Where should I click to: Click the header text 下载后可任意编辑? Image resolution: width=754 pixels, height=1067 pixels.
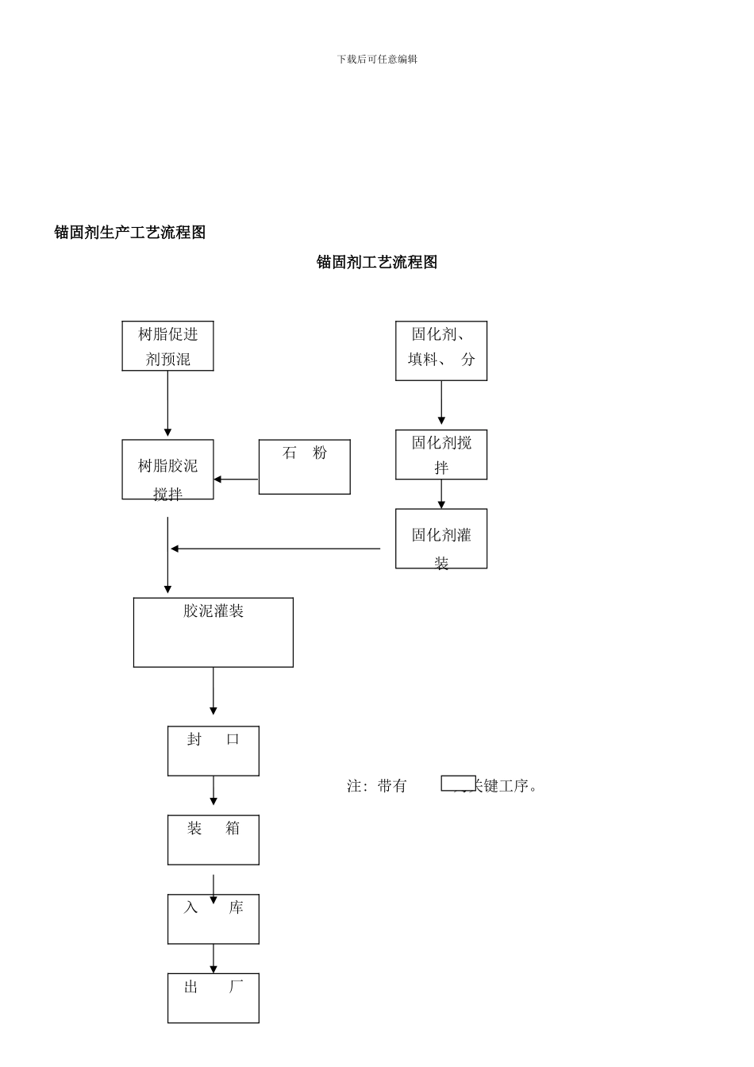tap(377, 60)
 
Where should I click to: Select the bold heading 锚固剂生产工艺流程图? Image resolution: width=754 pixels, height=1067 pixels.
tap(130, 233)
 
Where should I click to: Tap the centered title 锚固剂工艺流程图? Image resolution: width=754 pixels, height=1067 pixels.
tap(377, 263)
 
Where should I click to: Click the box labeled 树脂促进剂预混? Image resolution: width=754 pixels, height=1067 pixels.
tap(167, 346)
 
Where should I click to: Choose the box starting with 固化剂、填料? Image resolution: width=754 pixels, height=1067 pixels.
tap(441, 351)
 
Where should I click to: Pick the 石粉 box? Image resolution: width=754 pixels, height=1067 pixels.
tap(304, 467)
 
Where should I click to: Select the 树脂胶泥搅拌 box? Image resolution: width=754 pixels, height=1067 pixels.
tap(167, 470)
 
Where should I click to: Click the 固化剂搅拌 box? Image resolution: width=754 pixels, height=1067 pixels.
tap(441, 455)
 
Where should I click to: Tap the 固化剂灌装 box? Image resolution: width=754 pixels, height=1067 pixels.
tap(441, 539)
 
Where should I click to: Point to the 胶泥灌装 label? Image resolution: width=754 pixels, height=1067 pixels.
tap(214, 611)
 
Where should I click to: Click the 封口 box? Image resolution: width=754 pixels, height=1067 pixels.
tap(213, 751)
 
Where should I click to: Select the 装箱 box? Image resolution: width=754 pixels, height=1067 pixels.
tap(213, 840)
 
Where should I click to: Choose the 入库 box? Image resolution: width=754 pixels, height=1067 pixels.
tap(213, 919)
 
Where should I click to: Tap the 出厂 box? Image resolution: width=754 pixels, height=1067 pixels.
tap(213, 998)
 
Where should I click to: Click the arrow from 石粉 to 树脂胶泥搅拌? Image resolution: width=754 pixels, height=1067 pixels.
tap(236, 480)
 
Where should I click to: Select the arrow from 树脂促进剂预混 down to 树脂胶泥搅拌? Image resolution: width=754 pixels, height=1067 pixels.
tap(167, 404)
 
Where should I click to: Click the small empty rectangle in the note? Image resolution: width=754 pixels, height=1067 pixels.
tap(458, 784)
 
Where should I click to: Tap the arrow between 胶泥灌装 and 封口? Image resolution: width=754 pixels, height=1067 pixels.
tap(213, 691)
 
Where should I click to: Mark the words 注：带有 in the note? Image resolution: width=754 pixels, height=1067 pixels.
tap(377, 786)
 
